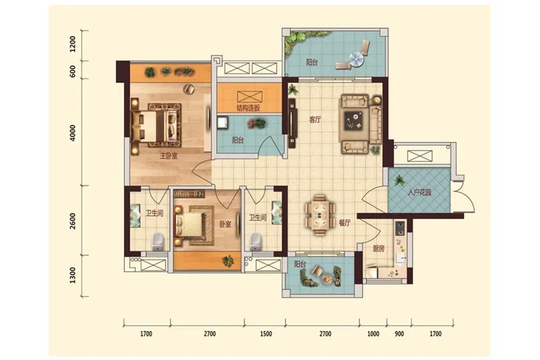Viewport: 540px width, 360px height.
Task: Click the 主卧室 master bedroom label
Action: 169,156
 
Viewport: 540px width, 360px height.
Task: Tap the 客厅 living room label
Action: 315,120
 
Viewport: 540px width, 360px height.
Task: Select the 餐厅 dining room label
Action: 344,223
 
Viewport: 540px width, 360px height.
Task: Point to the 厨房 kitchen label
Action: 379,248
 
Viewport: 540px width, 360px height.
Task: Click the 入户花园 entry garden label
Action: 419,193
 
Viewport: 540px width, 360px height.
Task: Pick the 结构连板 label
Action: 248,108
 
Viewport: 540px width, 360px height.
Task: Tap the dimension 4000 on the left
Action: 73,133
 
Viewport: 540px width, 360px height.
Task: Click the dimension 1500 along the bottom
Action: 266,334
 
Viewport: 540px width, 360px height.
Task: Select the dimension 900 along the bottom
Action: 399,334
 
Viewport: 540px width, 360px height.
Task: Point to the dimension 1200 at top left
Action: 73,44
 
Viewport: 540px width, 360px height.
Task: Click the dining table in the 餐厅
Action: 320,215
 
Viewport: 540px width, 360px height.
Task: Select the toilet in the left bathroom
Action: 157,241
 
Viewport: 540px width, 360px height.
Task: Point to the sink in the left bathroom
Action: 134,215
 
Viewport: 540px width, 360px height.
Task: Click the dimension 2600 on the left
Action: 73,220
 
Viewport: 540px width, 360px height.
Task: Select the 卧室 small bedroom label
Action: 225,224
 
